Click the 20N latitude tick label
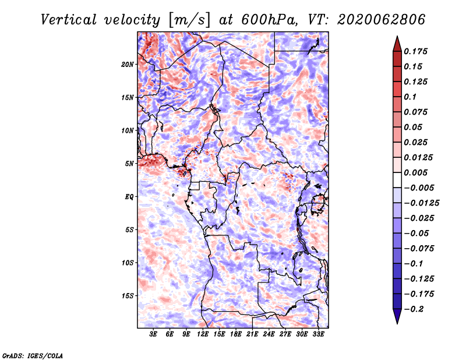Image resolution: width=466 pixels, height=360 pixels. click(128, 65)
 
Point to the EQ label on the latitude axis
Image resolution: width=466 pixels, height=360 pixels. click(129, 197)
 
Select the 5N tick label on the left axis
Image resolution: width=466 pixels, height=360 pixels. click(129, 164)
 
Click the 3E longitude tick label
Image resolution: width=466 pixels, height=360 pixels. click(153, 334)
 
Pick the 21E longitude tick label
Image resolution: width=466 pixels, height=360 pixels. click(252, 334)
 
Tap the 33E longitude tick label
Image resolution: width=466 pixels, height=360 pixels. click(318, 334)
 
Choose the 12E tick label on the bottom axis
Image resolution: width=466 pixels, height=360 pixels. click(203, 334)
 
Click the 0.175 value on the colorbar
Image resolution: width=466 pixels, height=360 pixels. click(415, 51)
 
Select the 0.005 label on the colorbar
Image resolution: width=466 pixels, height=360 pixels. click(415, 172)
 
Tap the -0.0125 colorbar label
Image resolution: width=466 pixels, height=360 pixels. click(421, 203)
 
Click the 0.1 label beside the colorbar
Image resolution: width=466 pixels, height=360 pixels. click(410, 97)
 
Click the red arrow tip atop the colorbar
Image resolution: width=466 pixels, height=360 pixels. click(397, 36)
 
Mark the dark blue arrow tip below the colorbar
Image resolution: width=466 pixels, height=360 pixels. click(397, 323)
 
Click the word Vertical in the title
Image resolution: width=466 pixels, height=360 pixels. click(69, 20)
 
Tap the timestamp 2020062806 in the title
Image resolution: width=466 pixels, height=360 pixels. click(382, 20)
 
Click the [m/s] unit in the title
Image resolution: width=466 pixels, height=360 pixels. click(189, 20)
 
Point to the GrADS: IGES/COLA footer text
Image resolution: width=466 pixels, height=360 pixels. click(33, 355)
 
